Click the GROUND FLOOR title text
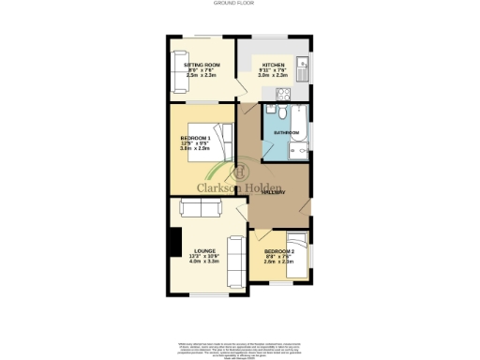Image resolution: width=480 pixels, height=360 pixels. [x=240, y=5]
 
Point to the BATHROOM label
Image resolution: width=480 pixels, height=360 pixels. [x=286, y=133]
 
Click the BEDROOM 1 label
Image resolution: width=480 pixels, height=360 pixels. [x=196, y=139]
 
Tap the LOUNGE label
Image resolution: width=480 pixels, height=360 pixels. [x=204, y=251]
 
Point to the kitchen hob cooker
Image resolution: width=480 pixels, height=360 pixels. [x=280, y=92]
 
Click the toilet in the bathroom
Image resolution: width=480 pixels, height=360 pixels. [x=273, y=115]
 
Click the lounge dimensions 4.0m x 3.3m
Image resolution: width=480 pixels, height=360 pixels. [x=204, y=262]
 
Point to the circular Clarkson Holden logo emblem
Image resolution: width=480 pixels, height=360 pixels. [x=240, y=172]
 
